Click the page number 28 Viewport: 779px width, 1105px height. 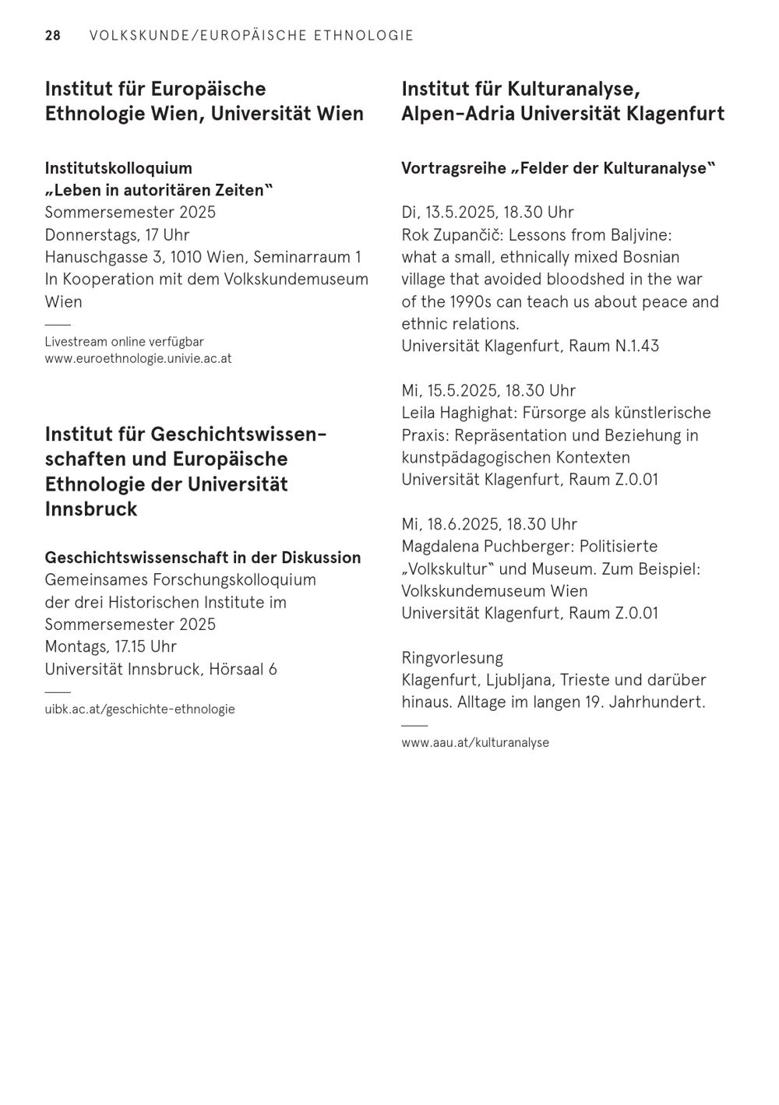pos(52,36)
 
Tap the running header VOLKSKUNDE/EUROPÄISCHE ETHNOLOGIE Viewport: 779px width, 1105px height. pos(252,36)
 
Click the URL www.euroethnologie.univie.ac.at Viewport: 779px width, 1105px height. pos(138,359)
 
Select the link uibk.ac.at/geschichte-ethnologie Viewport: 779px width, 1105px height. pos(139,709)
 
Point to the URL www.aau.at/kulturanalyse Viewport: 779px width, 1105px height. pos(475,743)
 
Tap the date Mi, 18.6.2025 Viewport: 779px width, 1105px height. pos(450,524)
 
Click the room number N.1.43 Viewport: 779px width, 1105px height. pos(636,346)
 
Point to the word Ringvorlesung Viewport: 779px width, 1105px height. pos(452,658)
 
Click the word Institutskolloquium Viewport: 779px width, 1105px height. pos(118,168)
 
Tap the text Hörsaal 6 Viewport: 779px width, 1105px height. pos(242,670)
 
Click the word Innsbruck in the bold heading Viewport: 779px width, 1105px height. pos(91,509)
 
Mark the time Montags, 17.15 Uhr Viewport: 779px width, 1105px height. pos(111,647)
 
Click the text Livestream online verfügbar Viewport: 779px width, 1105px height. pos(124,342)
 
